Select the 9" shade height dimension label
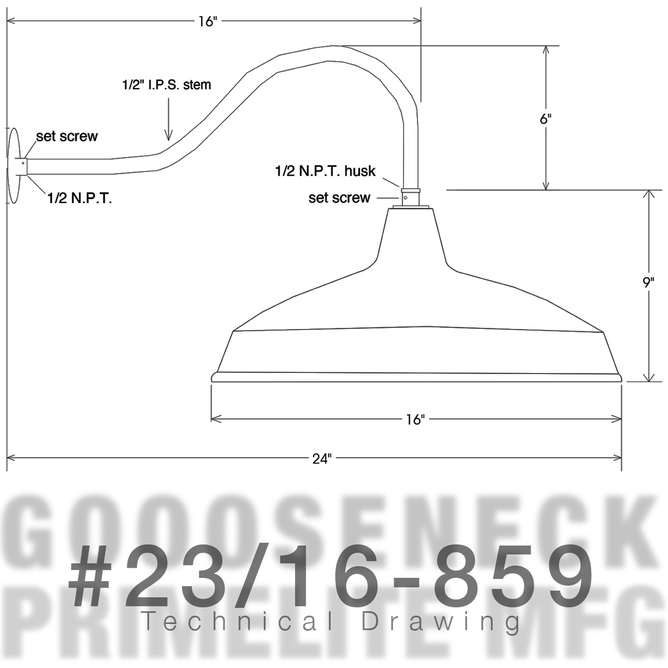click(x=647, y=283)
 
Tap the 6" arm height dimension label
click(x=546, y=119)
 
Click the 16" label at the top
click(x=207, y=21)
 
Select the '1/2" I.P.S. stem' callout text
click(x=166, y=85)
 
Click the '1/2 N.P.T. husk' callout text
click(x=325, y=171)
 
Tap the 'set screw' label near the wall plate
click(x=67, y=136)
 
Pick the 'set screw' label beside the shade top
click(x=339, y=198)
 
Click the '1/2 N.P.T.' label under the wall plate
click(x=79, y=198)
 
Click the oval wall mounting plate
click(x=13, y=166)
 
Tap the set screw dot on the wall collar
click(x=23, y=163)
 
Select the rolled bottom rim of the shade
click(x=416, y=377)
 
